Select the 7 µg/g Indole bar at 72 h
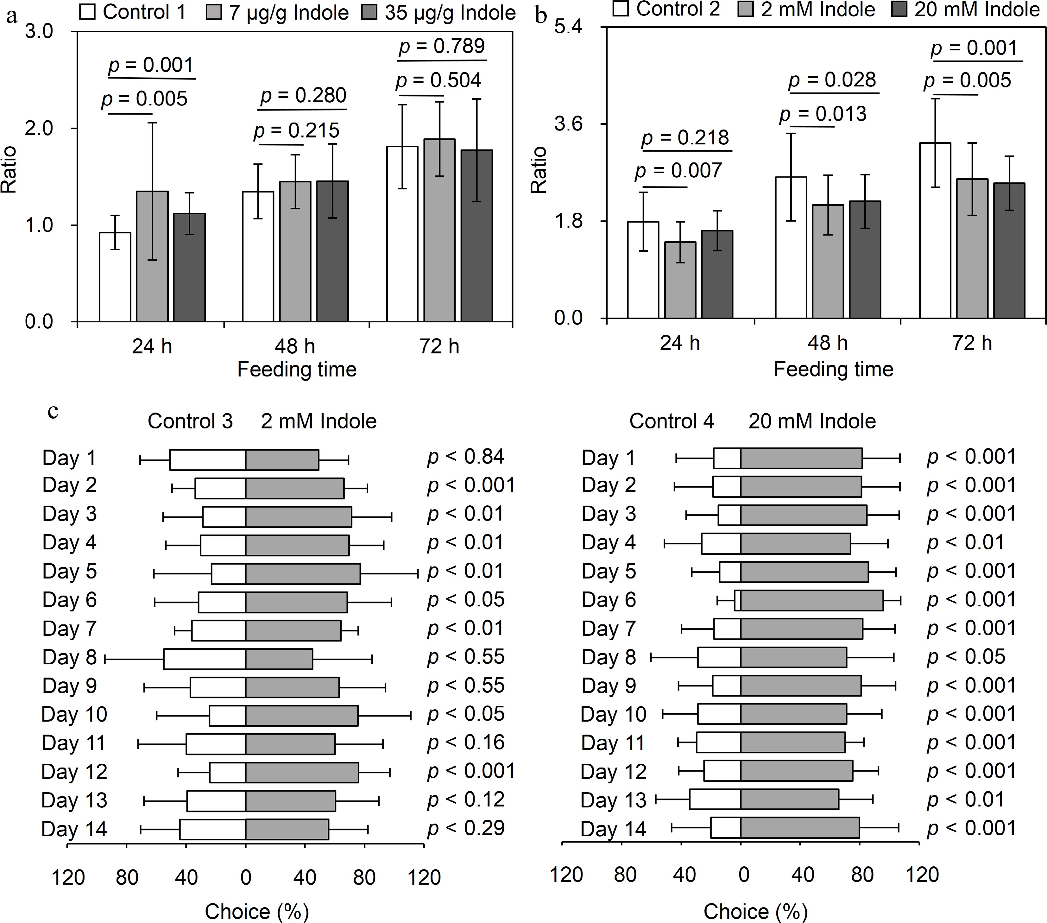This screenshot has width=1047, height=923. pyautogui.click(x=439, y=231)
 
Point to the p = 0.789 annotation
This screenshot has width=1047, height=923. pyautogui.click(x=442, y=47)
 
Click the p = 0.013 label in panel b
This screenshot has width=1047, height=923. pyautogui.click(x=823, y=114)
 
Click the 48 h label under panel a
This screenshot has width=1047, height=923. pyautogui.click(x=294, y=347)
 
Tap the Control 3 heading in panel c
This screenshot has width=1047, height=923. pyautogui.click(x=190, y=421)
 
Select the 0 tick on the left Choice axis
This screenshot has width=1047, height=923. pyautogui.click(x=245, y=877)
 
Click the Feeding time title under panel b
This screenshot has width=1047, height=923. pyautogui.click(x=833, y=369)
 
